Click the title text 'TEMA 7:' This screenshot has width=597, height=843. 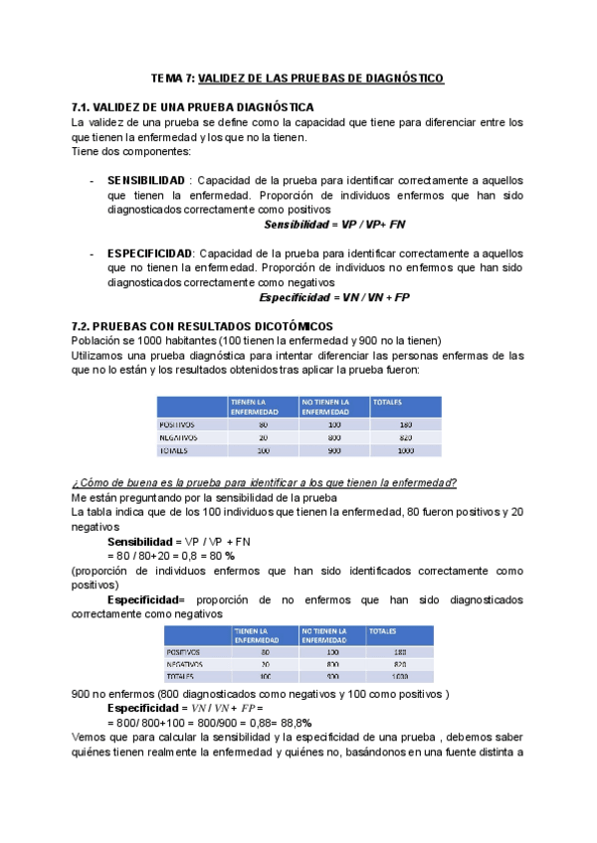click(x=173, y=78)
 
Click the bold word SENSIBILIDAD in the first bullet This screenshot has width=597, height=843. click(x=146, y=181)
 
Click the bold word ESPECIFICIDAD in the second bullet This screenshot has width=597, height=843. click(x=150, y=254)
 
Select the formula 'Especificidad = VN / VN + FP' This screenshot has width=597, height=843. click(x=334, y=298)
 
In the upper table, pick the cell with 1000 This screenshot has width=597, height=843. click(x=404, y=450)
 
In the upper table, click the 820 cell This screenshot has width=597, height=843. click(x=404, y=436)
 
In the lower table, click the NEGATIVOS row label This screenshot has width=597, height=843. click(x=184, y=663)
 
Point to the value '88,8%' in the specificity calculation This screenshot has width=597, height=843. click(x=294, y=723)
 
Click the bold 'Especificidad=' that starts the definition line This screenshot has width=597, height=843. click(x=145, y=600)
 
